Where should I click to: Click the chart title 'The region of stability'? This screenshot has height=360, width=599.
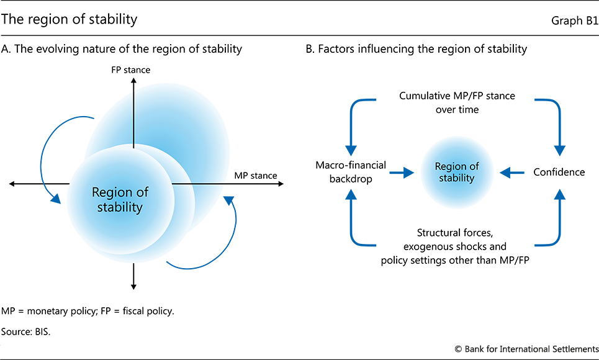tap(70, 20)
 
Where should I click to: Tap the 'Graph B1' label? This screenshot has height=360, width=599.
tap(574, 20)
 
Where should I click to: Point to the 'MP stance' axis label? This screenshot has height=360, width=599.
tap(255, 176)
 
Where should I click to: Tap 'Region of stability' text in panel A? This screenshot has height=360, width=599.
tap(120, 199)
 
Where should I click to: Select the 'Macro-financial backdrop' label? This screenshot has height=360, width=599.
tap(351, 172)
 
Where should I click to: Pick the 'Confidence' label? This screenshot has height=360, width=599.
tap(559, 172)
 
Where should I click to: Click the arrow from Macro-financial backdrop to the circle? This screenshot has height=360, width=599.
tap(401, 173)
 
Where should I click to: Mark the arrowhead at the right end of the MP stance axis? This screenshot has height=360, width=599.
tap(281, 184)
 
